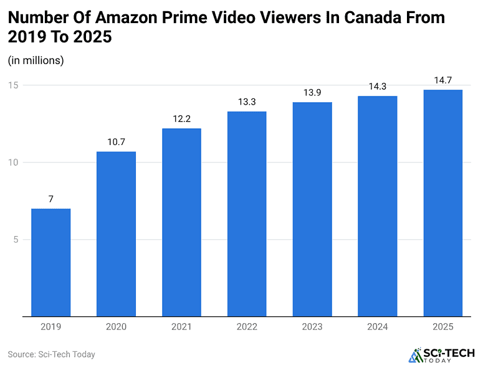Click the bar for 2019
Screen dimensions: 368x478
pyautogui.click(x=50, y=262)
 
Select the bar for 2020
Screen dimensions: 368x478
pyautogui.click(x=116, y=234)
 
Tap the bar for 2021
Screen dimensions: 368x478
pyautogui.click(x=181, y=222)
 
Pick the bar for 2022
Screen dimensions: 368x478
pyautogui.click(x=247, y=214)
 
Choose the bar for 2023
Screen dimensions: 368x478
pyautogui.click(x=312, y=209)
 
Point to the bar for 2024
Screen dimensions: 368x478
pyautogui.click(x=378, y=206)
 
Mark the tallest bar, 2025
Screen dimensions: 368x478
pyautogui.click(x=443, y=203)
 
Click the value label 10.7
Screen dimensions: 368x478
pyautogui.click(x=116, y=142)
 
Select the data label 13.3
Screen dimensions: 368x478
pyautogui.click(x=247, y=102)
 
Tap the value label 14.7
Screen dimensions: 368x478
pyautogui.click(x=443, y=80)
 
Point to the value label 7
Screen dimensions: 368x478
pyautogui.click(x=50, y=199)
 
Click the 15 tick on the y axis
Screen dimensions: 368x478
pyautogui.click(x=13, y=85)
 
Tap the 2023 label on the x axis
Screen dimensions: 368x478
pyautogui.click(x=312, y=327)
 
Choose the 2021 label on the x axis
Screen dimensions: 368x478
pyautogui.click(x=181, y=327)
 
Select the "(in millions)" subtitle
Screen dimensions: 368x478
pyautogui.click(x=36, y=60)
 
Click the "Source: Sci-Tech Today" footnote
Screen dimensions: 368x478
pyautogui.click(x=51, y=354)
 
